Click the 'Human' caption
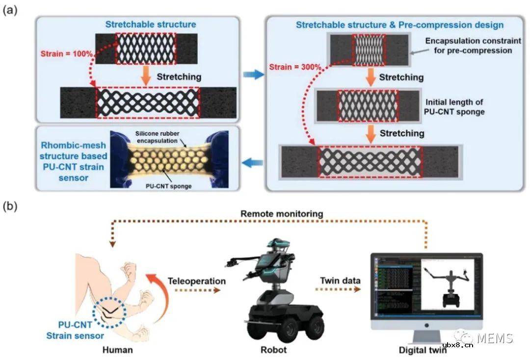click(x=118, y=350)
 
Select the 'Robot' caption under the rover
click(x=274, y=350)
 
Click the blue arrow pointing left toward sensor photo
click(x=251, y=162)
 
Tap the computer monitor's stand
click(x=426, y=335)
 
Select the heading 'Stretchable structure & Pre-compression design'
click(x=399, y=25)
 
